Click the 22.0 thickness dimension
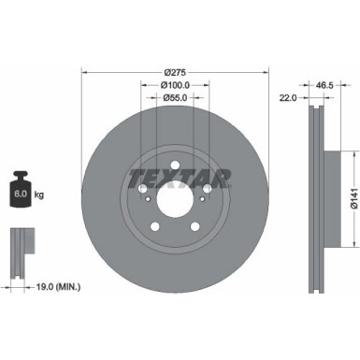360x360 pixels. [287, 96]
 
